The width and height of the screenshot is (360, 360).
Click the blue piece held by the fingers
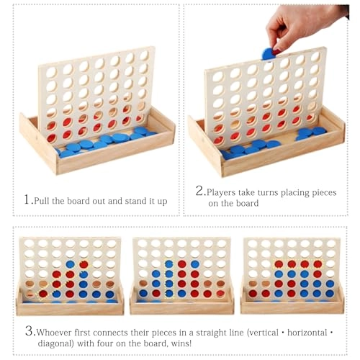coord(268,54)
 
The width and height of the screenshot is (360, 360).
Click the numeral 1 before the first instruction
coord(27,199)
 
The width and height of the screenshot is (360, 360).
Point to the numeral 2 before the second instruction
coord(199,191)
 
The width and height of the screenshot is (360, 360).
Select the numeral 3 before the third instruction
coord(30,331)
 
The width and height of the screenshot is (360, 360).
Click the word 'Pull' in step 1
coord(42,201)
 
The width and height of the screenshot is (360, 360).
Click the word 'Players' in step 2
coord(221,193)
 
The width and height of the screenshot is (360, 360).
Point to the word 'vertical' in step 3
coord(263,333)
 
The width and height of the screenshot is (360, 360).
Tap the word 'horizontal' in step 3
coord(307,333)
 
